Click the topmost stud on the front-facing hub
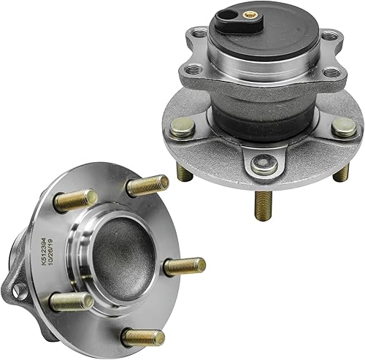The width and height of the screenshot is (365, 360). (x=147, y=185)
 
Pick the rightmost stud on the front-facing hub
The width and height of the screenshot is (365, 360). (x=184, y=267)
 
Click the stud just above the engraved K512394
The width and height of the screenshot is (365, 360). (x=74, y=199)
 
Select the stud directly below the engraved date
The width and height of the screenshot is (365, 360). (x=72, y=302)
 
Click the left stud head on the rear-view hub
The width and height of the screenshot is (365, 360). (x=185, y=129)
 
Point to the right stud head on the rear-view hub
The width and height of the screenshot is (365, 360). (x=343, y=129)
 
